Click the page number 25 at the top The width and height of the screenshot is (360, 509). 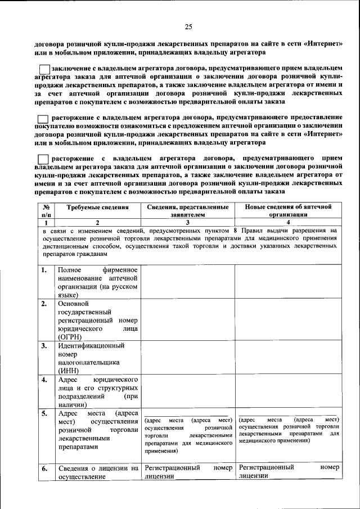(x=188, y=26)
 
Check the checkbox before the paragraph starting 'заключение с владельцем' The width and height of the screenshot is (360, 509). (x=44, y=69)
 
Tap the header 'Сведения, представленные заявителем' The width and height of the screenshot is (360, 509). (x=187, y=210)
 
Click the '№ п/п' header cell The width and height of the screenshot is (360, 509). (x=46, y=210)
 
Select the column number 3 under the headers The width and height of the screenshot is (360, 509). (x=187, y=222)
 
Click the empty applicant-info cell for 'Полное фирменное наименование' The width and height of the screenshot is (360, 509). (x=187, y=281)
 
